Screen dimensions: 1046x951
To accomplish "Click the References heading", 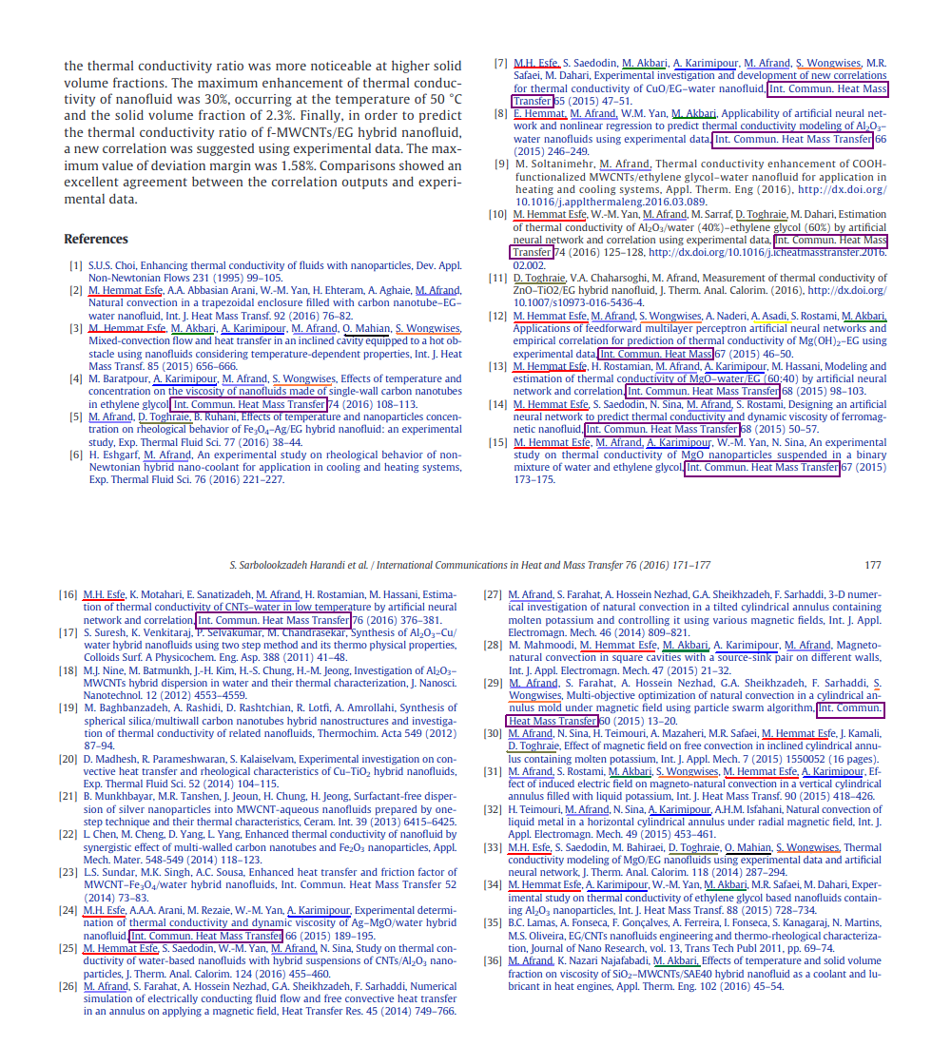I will tap(95, 239).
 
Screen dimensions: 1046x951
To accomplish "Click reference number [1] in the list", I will tap(75, 266).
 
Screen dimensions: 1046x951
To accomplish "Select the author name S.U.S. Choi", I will tap(108, 266).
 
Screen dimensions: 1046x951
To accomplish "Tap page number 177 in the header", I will tap(873, 565).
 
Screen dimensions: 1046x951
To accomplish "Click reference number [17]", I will tap(68, 632).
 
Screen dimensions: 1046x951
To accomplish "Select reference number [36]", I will tap(493, 960).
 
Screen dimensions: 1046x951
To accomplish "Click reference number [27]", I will tap(493, 594).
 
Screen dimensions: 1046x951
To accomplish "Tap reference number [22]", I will tap(68, 834).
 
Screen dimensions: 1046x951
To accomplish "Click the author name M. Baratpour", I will tap(118, 378).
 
